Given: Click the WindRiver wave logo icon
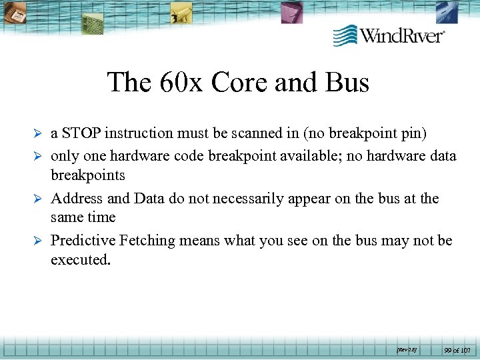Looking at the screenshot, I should [345, 35].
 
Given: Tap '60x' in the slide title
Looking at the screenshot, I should [183, 83].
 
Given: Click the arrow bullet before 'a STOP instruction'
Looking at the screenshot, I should [39, 134].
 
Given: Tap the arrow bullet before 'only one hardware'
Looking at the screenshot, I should [39, 157].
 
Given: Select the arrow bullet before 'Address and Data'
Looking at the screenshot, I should [39, 199].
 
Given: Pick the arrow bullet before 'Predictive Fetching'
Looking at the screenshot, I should [39, 241].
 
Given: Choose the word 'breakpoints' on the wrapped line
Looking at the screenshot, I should [88, 175].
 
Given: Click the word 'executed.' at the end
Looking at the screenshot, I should [80, 259].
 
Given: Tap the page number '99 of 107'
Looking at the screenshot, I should [457, 349].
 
